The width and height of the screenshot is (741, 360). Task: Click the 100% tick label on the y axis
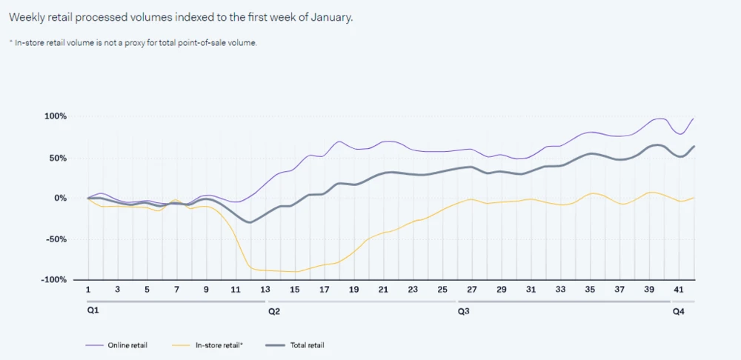(x=56, y=116)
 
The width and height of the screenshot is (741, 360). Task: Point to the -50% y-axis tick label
(x=56, y=239)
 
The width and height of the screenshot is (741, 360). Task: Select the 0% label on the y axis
(x=61, y=199)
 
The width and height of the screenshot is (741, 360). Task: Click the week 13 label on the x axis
(x=265, y=289)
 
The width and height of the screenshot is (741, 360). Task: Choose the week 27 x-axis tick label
(x=472, y=289)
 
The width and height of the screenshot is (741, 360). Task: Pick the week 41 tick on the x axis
(x=679, y=289)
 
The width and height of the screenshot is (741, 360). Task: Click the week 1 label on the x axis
(x=88, y=289)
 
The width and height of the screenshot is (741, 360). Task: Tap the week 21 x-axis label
(x=383, y=289)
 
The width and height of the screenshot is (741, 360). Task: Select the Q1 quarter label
(x=93, y=311)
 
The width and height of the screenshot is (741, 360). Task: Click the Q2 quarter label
(x=273, y=312)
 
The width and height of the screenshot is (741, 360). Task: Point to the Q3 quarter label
(x=463, y=312)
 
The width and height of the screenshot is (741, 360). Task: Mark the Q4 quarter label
(x=678, y=312)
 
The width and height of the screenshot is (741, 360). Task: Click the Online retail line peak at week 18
(x=339, y=141)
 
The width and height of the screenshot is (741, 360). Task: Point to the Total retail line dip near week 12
(x=250, y=222)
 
